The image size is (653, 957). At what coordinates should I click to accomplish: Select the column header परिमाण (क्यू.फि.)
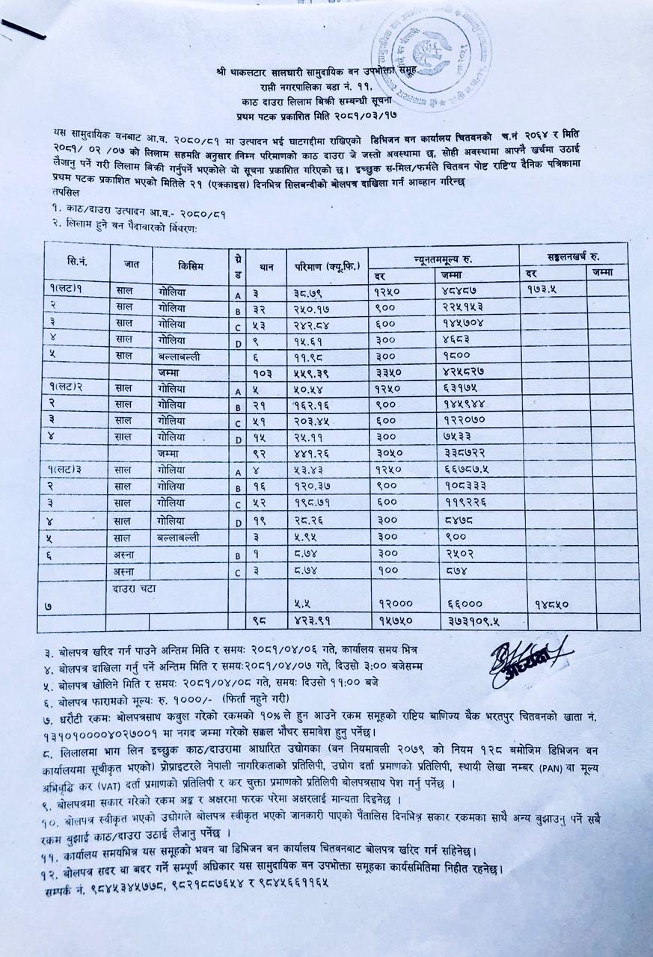327,265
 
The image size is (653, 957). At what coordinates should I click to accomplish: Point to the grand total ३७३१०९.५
459,620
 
